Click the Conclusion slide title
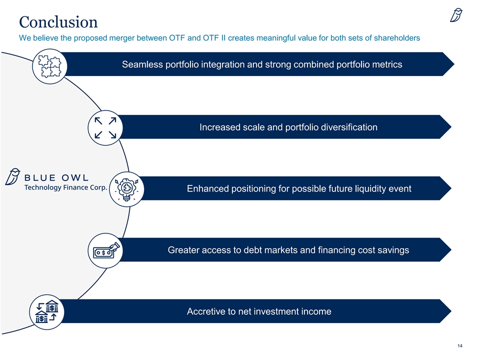58,22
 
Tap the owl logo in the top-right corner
456,15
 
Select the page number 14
460,345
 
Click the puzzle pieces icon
49,66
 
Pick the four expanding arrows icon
105,127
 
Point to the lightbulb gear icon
126,189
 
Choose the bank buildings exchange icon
47,311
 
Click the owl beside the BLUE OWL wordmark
12,176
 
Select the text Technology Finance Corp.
66,187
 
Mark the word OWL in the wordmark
75,177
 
